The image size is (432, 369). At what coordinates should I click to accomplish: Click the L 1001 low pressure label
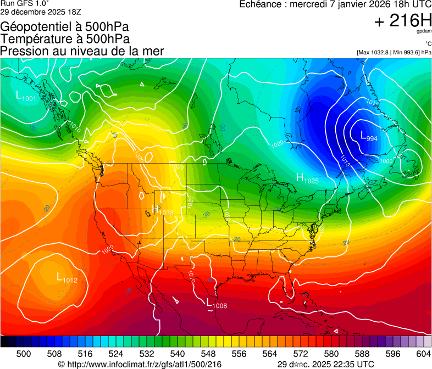(x=26, y=97)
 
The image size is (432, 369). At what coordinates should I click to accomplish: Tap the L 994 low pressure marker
(x=369, y=137)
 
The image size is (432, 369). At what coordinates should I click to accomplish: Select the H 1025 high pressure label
(x=307, y=178)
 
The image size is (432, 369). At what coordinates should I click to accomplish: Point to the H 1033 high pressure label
(x=162, y=210)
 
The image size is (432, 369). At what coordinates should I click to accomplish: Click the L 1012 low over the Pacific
(x=67, y=278)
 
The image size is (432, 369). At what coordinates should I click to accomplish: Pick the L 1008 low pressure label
(x=216, y=303)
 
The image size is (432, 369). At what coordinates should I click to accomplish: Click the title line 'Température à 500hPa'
(x=65, y=38)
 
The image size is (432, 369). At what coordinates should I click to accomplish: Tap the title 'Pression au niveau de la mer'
(x=82, y=51)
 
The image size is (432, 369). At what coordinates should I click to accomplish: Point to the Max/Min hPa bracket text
(x=394, y=52)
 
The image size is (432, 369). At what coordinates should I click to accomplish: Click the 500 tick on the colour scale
(x=24, y=354)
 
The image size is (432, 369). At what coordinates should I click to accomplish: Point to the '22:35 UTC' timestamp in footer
(x=351, y=364)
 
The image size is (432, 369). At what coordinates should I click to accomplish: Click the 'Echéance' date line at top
(x=335, y=4)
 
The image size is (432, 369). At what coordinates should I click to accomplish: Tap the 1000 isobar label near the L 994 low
(x=386, y=161)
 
